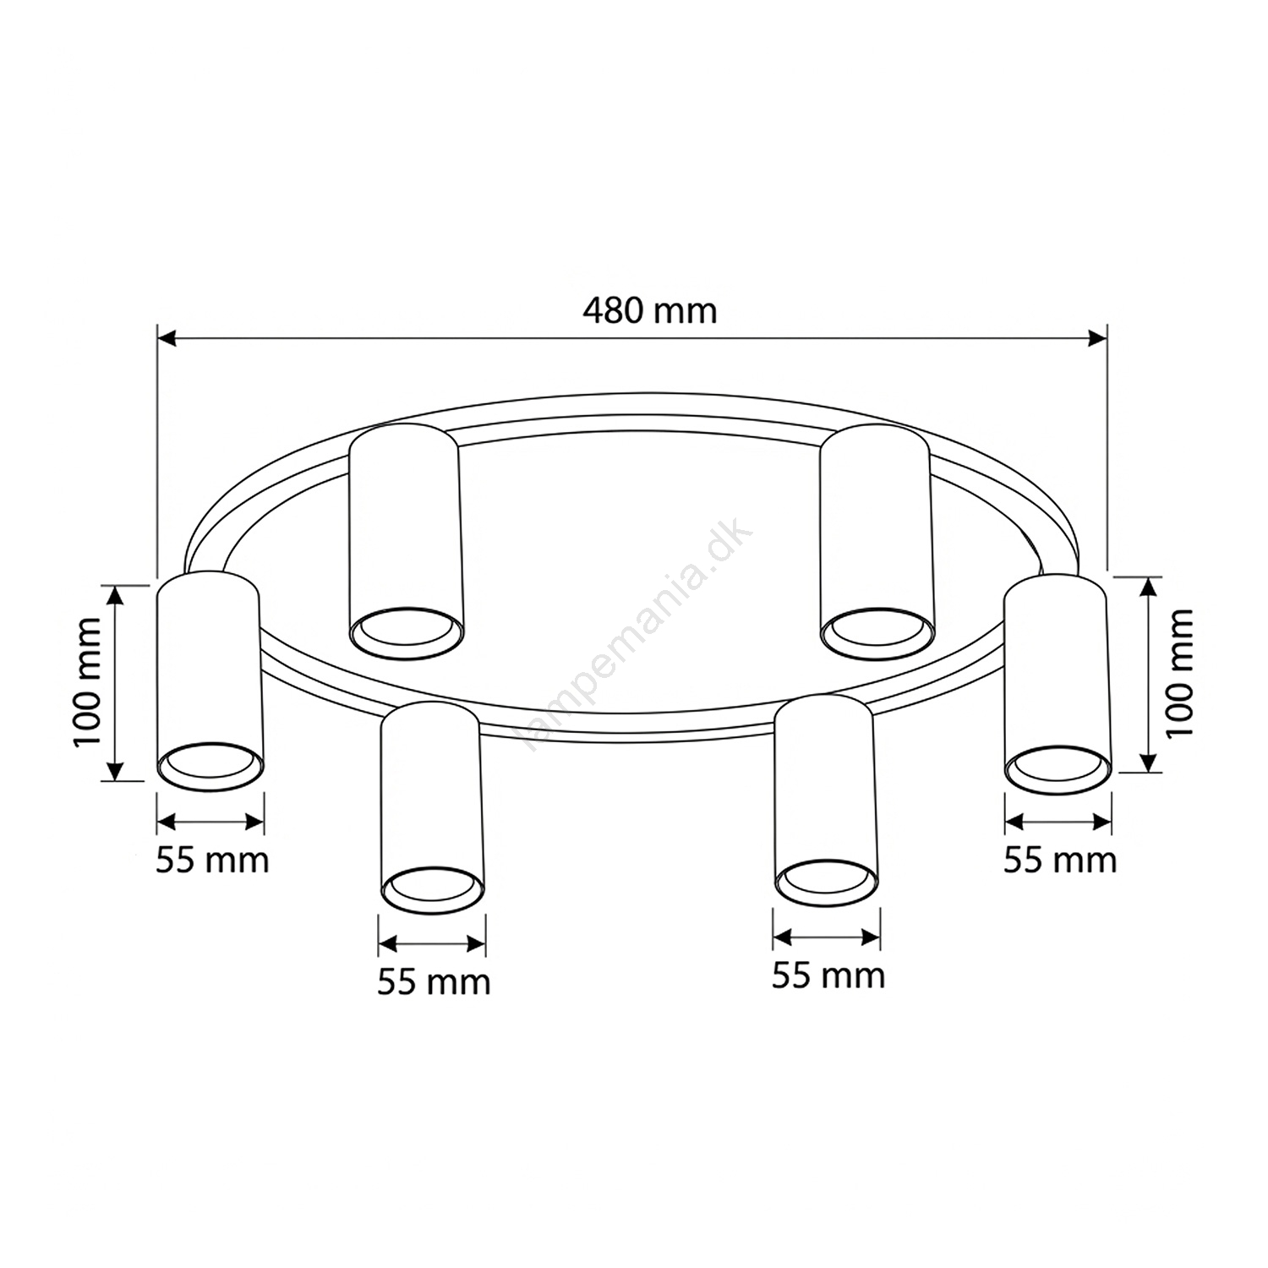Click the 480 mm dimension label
649,311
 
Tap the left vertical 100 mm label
87,682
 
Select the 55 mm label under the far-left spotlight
212,861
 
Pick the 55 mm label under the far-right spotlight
1060,861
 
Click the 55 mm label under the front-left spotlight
434,982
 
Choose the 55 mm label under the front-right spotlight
828,976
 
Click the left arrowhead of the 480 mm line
167,339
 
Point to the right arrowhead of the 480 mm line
1098,339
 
